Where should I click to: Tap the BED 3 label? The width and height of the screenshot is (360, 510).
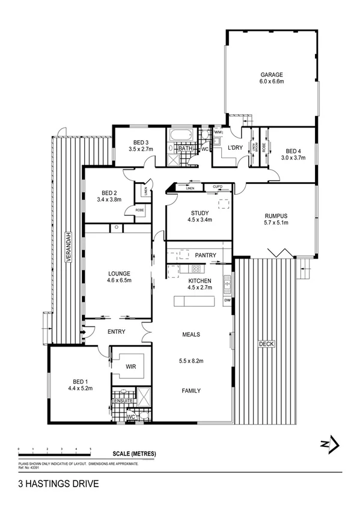point(138,143)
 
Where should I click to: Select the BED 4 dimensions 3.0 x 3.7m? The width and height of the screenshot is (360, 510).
point(293,158)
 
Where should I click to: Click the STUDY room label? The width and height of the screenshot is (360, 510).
point(200,213)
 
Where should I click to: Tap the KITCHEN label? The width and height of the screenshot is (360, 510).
point(200,281)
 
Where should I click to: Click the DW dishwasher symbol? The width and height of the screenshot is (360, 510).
point(227,300)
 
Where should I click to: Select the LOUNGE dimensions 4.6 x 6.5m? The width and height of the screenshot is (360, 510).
point(118,280)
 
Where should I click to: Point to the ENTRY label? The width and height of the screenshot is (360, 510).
point(116,332)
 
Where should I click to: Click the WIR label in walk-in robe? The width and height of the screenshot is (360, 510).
point(130,366)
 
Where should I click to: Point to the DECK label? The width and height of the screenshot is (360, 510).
point(266,344)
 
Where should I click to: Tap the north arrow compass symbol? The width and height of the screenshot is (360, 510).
point(330,445)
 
